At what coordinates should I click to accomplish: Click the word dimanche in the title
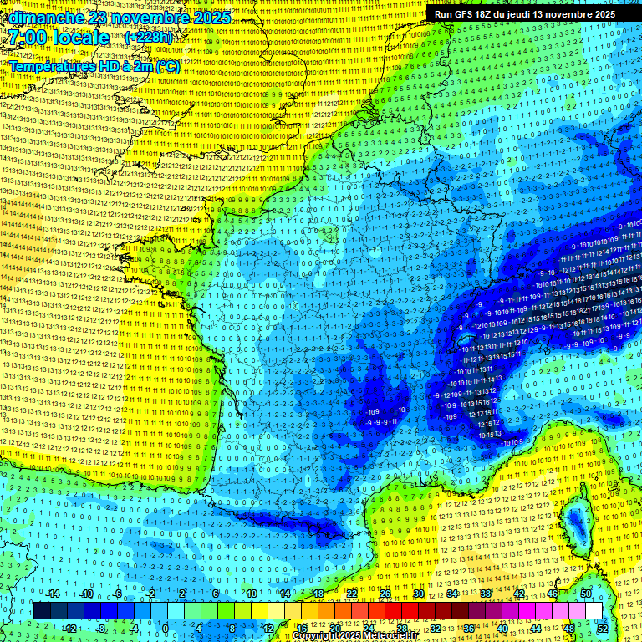(x=46, y=18)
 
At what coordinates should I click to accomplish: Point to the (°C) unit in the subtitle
(x=167, y=66)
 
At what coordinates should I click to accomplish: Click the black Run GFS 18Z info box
(x=525, y=14)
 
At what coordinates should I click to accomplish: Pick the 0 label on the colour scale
(x=166, y=628)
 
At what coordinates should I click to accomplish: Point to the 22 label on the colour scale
(x=352, y=594)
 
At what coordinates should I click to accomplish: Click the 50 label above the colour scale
(x=585, y=594)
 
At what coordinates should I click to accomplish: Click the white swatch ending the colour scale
(x=594, y=611)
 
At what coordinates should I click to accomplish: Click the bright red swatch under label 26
(x=386, y=611)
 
